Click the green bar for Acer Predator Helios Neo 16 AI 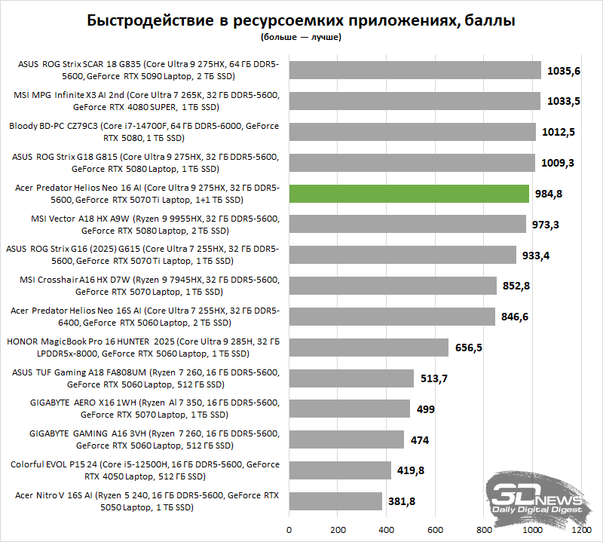point(409,194)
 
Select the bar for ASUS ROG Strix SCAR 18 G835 point(415,70)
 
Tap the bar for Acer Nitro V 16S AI point(335,501)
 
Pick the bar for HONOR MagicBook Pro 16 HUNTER point(369,348)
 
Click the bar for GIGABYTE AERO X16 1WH point(350,409)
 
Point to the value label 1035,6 point(565,71)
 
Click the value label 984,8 point(549,194)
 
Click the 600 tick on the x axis point(436,529)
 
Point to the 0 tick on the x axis point(289,529)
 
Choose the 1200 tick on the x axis point(582,529)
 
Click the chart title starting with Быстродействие point(301,20)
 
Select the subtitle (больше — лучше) point(301,36)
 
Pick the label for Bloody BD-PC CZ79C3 point(143,132)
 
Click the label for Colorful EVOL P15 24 point(143,470)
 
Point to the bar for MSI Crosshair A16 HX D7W point(393,286)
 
